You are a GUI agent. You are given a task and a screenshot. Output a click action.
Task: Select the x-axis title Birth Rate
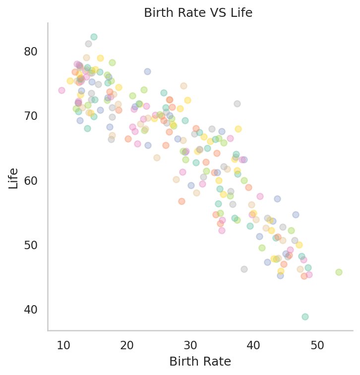coord(200,362)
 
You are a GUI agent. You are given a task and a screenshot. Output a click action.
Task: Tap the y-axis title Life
coord(14,178)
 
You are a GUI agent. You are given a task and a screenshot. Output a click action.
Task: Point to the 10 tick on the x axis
coord(63,345)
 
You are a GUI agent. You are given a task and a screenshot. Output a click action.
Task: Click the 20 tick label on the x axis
coord(127,345)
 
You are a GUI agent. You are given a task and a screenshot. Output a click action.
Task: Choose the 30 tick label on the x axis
coord(190,345)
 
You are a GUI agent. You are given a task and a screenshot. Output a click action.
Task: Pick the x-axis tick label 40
coord(254,345)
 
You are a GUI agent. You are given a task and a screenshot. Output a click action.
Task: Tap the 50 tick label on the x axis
coord(317,345)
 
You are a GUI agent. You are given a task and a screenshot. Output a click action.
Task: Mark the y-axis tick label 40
coord(32,310)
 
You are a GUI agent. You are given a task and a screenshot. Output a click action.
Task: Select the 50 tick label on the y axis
coord(32,245)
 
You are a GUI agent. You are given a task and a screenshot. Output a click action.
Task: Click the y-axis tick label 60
coord(32,180)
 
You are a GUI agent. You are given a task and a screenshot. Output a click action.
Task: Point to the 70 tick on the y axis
coord(32,116)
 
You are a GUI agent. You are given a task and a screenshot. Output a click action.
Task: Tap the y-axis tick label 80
coord(32,52)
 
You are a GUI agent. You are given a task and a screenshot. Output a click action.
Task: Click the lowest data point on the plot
coord(305,317)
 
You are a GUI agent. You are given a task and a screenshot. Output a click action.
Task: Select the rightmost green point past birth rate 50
coord(339,272)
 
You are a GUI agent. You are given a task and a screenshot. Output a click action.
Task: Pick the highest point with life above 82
coord(94,37)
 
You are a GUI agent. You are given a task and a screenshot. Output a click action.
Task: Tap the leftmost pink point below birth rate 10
coord(61,90)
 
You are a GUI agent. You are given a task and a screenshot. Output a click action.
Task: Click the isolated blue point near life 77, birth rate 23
coord(147,71)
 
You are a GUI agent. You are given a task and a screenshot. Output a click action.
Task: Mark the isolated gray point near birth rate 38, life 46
coord(244,269)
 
